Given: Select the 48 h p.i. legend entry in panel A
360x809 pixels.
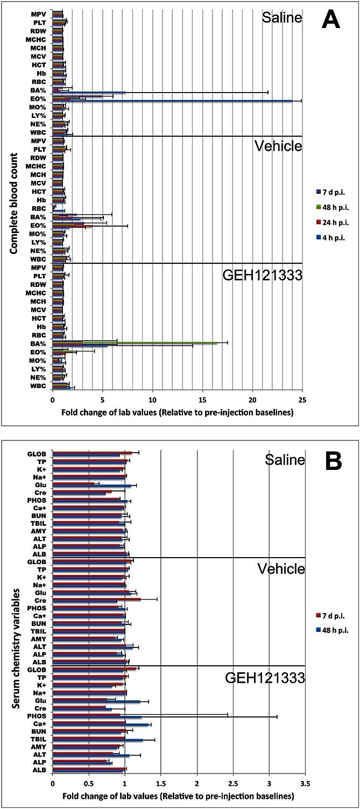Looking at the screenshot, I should [330, 207].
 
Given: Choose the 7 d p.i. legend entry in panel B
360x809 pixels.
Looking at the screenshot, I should [330, 615].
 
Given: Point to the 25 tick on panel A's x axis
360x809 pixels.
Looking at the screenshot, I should [302, 400].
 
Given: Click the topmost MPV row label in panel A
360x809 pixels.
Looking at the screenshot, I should [38, 12].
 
